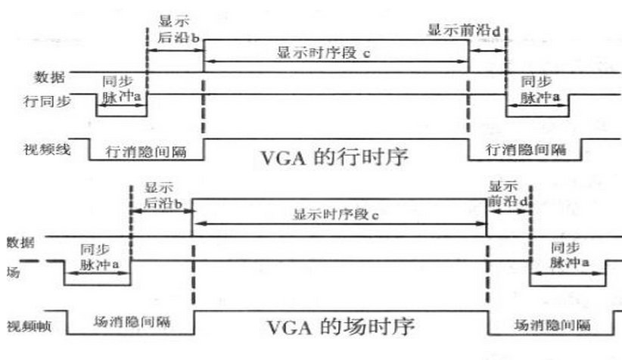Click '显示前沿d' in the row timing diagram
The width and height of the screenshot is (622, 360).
coord(464,31)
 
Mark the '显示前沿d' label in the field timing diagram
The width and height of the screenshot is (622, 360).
coord(504,194)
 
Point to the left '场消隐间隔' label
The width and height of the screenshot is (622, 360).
coord(131,321)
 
